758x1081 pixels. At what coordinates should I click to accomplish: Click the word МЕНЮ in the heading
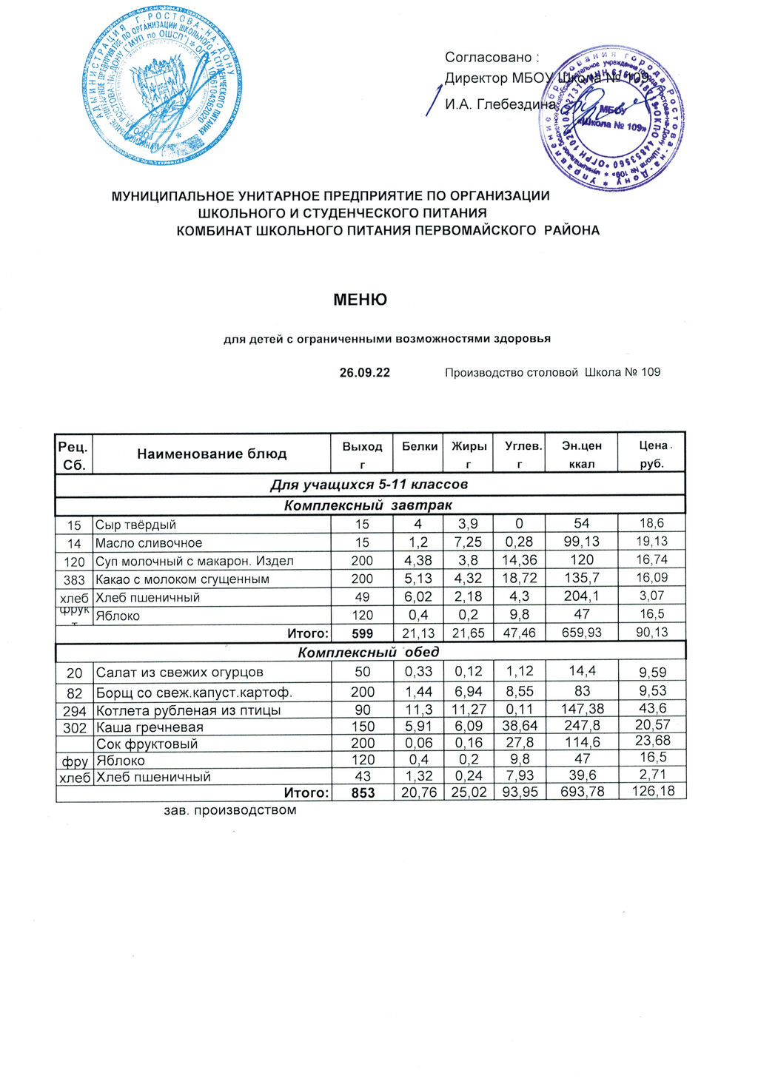point(360,300)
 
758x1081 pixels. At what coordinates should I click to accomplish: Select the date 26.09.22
point(364,372)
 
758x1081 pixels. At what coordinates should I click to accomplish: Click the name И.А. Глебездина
point(500,104)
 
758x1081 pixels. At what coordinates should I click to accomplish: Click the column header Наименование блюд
point(212,454)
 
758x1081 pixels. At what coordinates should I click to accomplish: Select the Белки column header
point(420,446)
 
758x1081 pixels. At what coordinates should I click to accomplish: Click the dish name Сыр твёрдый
point(135,525)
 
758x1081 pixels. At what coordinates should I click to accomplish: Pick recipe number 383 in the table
point(74,579)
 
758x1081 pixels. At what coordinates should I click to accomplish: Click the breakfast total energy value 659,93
point(581,633)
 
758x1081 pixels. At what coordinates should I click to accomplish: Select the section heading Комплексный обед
point(368,652)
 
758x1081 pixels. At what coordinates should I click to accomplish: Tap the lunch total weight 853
point(362,792)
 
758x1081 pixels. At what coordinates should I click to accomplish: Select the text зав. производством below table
point(229,810)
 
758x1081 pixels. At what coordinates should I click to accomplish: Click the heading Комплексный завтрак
point(368,505)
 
